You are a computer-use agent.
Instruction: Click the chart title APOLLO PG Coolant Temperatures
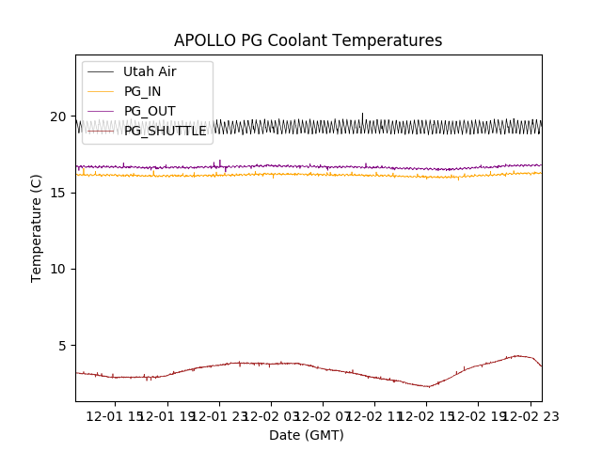pyautogui.click(x=308, y=40)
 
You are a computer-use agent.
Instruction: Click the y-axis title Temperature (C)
pyautogui.click(x=37, y=228)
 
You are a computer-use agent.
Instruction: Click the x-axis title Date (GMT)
pyautogui.click(x=307, y=435)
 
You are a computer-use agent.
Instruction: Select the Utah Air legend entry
pyautogui.click(x=149, y=71)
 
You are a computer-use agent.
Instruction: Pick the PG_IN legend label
pyautogui.click(x=142, y=91)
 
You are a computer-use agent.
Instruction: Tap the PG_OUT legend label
pyautogui.click(x=149, y=111)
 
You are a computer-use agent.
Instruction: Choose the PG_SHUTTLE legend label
pyautogui.click(x=165, y=131)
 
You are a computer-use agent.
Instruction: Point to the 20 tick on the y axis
pyautogui.click(x=58, y=117)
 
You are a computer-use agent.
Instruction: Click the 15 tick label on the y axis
pyautogui.click(x=58, y=193)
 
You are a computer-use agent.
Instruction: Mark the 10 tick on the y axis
pyautogui.click(x=58, y=269)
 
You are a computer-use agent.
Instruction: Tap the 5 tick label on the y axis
pyautogui.click(x=62, y=345)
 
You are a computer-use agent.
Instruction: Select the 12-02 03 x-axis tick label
pyautogui.click(x=272, y=416)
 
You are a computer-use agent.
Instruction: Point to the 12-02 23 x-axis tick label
pyautogui.click(x=529, y=416)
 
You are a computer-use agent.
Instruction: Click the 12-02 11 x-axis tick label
pyautogui.click(x=374, y=416)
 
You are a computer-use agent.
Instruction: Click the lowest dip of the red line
pyautogui.click(x=429, y=386)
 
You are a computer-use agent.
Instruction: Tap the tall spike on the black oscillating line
pyautogui.click(x=362, y=115)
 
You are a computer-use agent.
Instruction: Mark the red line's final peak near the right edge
pyautogui.click(x=518, y=355)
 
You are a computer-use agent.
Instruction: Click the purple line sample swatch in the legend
pyautogui.click(x=100, y=111)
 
